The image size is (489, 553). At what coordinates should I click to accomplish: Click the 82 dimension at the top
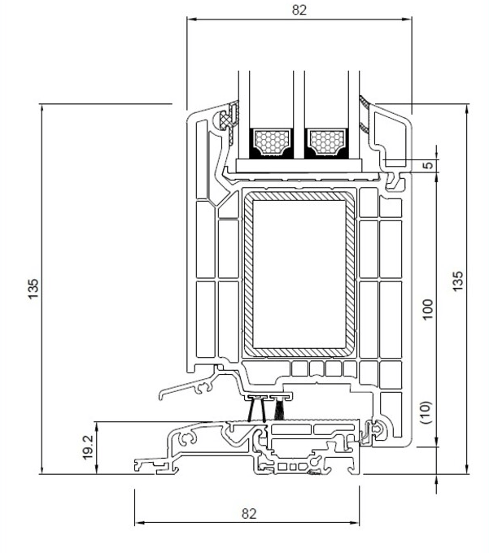coord(299,11)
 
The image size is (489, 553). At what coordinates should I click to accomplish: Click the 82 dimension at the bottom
coord(249,513)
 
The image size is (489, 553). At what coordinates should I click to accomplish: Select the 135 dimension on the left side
coord(33,288)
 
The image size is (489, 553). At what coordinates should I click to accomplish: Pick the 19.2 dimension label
coord(88,446)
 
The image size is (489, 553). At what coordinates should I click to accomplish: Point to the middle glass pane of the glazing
coord(299,98)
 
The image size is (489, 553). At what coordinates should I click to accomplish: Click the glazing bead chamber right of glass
coord(389,130)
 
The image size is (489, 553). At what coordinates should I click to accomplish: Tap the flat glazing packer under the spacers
coord(299,165)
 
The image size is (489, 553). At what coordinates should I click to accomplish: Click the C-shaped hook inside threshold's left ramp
coord(189,439)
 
